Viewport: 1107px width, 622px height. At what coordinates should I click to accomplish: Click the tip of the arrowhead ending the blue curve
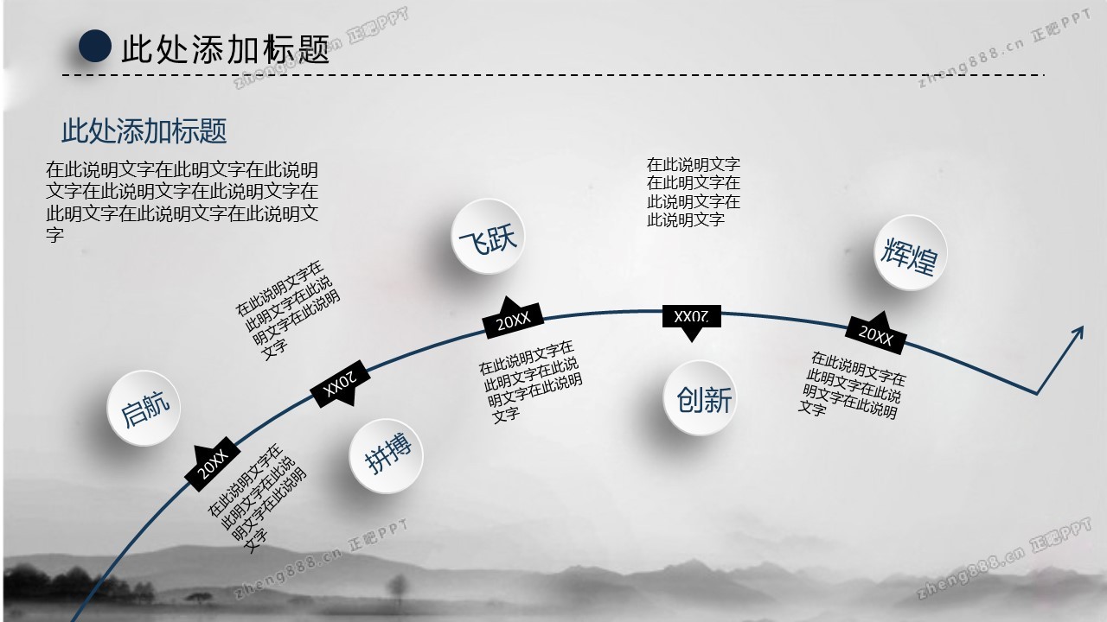pos(1082,327)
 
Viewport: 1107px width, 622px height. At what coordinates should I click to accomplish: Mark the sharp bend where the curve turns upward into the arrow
pos(1036,393)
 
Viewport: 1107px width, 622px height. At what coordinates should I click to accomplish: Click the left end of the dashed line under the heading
pos(63,75)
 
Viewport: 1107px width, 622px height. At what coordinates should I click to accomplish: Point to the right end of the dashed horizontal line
pos(1044,75)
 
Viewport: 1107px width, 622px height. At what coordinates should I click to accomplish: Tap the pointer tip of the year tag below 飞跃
pos(508,297)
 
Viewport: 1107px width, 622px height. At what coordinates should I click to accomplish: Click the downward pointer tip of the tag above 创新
pos(691,341)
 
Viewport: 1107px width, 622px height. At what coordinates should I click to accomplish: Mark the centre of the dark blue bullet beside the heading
pos(95,46)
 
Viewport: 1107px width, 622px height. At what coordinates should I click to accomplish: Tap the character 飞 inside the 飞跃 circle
pos(474,241)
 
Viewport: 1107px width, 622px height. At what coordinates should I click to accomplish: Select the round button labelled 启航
pos(144,409)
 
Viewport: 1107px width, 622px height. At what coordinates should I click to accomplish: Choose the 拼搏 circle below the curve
pos(386,455)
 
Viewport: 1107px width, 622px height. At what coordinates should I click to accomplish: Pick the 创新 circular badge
pos(700,398)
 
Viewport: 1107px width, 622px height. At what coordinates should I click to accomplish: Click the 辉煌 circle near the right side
pos(911,253)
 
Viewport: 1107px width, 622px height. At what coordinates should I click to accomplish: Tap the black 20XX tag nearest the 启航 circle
pos(213,464)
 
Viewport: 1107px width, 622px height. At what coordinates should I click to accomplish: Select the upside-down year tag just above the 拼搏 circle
pos(340,384)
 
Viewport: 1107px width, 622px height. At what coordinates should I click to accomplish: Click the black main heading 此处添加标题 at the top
pos(226,48)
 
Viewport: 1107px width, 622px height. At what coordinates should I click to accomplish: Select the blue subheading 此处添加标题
pos(144,130)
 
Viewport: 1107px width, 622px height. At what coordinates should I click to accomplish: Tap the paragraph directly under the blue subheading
pos(182,201)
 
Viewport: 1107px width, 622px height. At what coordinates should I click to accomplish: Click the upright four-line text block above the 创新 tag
pos(694,192)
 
